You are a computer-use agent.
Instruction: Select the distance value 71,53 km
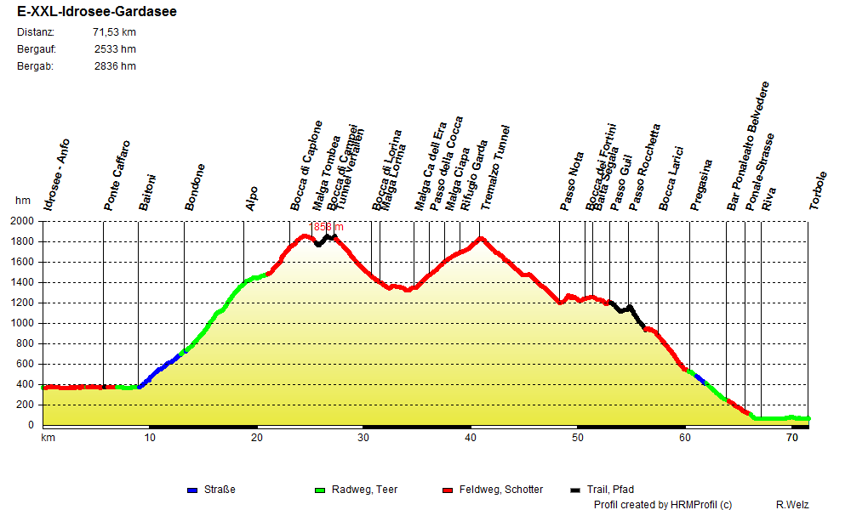pyautogui.click(x=114, y=32)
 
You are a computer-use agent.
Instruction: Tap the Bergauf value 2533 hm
pyautogui.click(x=115, y=49)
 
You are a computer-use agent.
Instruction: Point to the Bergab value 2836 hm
pyautogui.click(x=115, y=66)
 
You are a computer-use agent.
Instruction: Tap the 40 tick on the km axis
pyautogui.click(x=471, y=438)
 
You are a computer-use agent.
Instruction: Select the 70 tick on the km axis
pyautogui.click(x=791, y=438)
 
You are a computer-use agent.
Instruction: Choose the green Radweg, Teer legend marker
pyautogui.click(x=320, y=490)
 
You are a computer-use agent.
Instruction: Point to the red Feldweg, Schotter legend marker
pyautogui.click(x=448, y=490)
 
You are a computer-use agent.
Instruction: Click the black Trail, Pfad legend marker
pyautogui.click(x=575, y=490)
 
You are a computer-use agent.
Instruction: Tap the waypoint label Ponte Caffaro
pyautogui.click(x=117, y=176)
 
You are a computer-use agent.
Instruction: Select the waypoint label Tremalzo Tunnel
pyautogui.click(x=495, y=168)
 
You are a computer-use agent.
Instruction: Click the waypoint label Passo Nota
pyautogui.click(x=572, y=181)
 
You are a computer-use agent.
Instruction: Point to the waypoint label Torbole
pyautogui.click(x=818, y=191)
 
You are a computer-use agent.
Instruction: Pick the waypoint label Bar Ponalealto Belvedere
pyautogui.click(x=748, y=146)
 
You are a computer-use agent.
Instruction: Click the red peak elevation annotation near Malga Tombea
pyautogui.click(x=328, y=227)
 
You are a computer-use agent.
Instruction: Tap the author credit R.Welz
pyautogui.click(x=792, y=505)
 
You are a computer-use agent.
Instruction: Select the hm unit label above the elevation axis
pyautogui.click(x=23, y=201)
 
